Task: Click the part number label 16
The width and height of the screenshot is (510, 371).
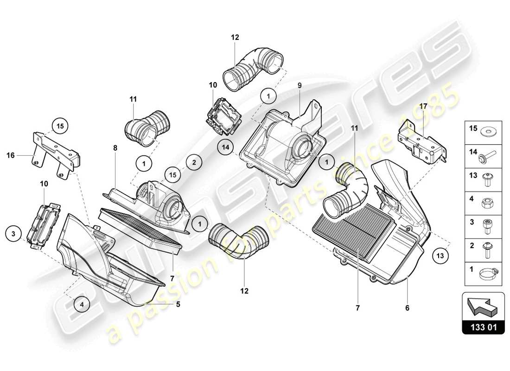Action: click(11, 156)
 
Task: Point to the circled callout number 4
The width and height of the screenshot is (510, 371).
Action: click(82, 305)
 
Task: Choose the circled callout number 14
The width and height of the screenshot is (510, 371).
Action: click(225, 147)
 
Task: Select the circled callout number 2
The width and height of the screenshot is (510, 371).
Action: click(194, 162)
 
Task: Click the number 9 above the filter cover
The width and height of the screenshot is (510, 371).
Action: click(300, 85)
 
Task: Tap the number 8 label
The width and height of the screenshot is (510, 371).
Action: click(115, 147)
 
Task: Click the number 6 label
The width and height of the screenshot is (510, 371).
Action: click(408, 307)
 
